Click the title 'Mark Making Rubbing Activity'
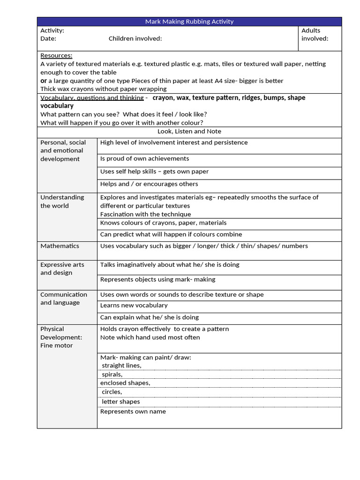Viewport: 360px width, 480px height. tap(189, 22)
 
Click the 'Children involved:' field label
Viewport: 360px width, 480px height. tap(135, 38)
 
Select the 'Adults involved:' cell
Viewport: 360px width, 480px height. tap(315, 35)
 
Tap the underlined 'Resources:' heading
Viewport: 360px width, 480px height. tap(56, 55)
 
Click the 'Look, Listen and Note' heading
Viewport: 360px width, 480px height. tap(189, 132)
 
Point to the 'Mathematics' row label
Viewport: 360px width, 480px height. tap(60, 246)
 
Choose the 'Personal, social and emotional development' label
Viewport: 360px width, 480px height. tap(63, 150)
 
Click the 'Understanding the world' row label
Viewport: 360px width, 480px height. tap(62, 202)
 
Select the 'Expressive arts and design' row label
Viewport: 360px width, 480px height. tap(62, 269)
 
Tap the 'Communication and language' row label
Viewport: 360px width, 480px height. tap(63, 299)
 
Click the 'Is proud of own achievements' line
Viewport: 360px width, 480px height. tap(144, 159)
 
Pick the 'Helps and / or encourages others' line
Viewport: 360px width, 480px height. tap(149, 184)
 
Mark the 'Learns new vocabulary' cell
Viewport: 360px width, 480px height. tap(134, 306)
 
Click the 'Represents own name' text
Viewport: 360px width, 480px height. tap(133, 412)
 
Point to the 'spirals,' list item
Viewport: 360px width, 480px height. tap(112, 375)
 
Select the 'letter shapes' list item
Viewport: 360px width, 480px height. tap(120, 402)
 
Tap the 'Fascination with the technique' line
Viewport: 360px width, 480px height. tap(145, 214)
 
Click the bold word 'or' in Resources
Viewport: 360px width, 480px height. tap(44, 81)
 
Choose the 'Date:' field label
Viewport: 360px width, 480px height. tap(48, 38)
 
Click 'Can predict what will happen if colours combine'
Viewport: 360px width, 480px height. tap(171, 234)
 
